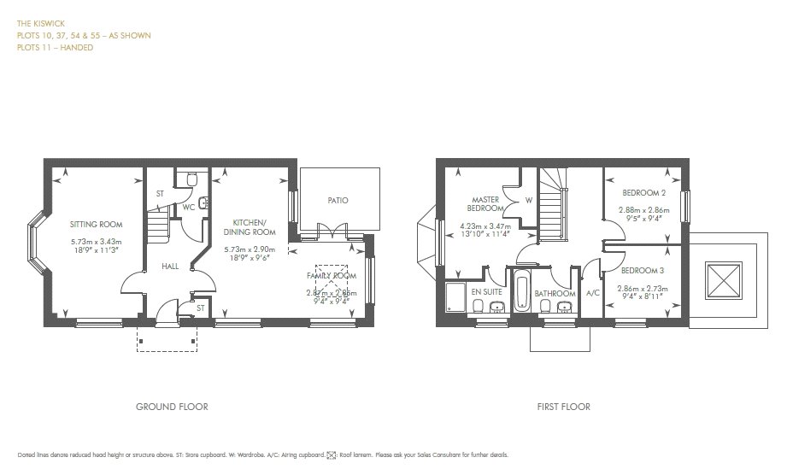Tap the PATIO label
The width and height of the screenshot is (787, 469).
click(338, 201)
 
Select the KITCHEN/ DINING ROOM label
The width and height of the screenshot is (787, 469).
click(250, 227)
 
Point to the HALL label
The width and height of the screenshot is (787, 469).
click(169, 267)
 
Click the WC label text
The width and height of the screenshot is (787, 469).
click(188, 207)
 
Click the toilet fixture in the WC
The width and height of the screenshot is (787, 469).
click(191, 179)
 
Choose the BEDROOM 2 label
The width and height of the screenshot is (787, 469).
click(637, 194)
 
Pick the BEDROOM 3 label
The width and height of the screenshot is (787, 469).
click(637, 270)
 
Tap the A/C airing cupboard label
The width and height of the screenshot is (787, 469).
click(591, 293)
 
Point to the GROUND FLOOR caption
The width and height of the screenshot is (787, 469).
click(172, 407)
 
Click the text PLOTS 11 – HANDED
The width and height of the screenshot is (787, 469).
click(55, 48)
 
